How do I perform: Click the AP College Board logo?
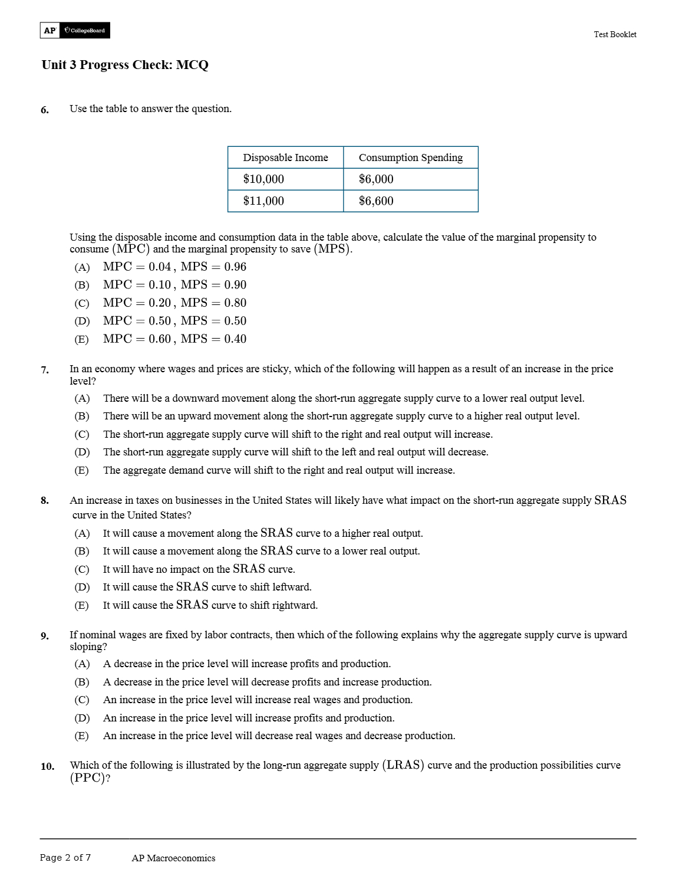75,30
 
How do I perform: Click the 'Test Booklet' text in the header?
615,35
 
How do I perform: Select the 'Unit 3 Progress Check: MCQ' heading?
125,65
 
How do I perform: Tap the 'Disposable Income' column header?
285,158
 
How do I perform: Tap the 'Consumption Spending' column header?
410,158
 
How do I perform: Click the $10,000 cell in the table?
263,179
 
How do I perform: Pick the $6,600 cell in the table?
376,201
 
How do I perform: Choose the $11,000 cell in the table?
263,201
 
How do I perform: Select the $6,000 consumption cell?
376,179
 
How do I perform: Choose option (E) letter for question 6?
82,340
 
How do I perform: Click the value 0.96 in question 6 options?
235,267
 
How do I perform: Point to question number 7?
45,370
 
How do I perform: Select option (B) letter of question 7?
82,416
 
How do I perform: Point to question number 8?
45,501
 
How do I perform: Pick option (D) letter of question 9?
82,718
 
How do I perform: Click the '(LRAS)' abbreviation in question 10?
403,765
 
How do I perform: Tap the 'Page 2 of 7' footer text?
65,858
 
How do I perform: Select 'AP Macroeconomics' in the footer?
173,858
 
